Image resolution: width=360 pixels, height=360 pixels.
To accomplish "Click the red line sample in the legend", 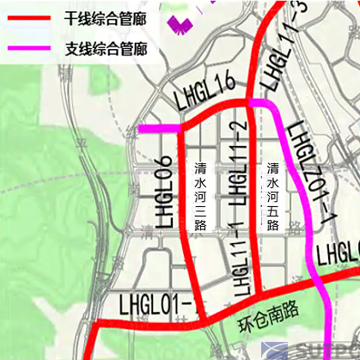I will point(27,17).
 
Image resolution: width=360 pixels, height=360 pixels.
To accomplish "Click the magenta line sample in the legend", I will point(27,49).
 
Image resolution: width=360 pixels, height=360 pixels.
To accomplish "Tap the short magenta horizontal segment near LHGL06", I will point(160,129).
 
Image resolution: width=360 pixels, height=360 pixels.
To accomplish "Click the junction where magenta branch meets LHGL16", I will point(250,102).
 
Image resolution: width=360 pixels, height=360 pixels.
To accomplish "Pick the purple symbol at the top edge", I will point(180,22).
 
